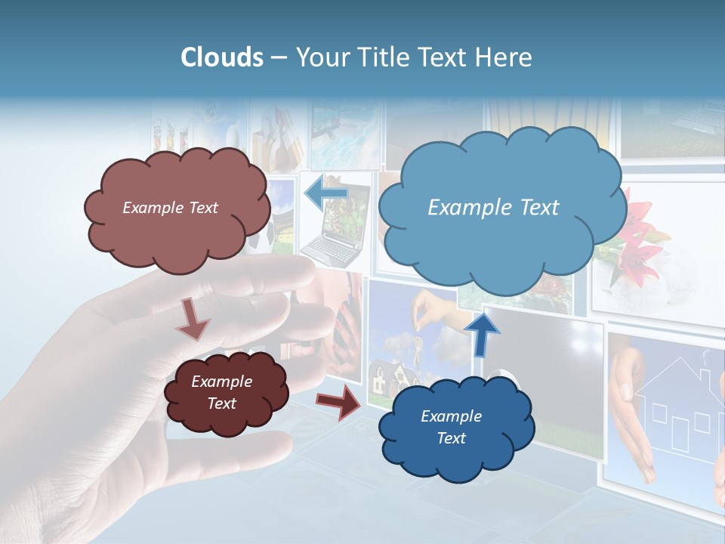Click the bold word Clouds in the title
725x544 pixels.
[x=222, y=57]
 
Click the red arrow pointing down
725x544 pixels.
[x=193, y=319]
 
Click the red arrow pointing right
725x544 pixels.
[x=338, y=401]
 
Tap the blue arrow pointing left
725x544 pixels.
[x=325, y=193]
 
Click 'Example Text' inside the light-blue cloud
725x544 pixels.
[x=493, y=208]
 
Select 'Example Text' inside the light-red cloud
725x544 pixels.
[x=170, y=208]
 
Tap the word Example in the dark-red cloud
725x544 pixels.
[x=221, y=382]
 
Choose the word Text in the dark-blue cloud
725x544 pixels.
[x=451, y=438]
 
